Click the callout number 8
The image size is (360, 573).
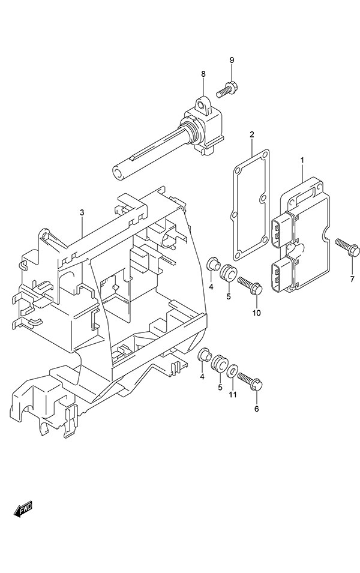pos(203,74)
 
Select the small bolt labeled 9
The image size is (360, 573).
pos(227,90)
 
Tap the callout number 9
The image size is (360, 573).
pos(232,60)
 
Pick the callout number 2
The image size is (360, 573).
pos(252,134)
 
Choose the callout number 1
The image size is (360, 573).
pos(302,160)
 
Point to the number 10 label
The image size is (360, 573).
pos(256,313)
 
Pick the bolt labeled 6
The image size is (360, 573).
pos(248,382)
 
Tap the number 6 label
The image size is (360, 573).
pos(256,409)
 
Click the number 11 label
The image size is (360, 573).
pos(233,394)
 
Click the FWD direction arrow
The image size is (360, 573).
pos(23,510)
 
